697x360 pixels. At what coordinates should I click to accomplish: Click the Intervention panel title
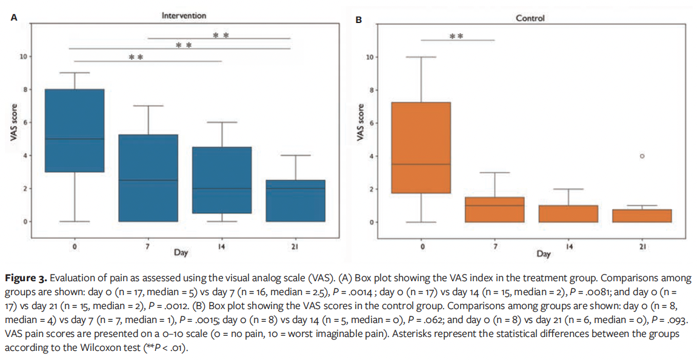click(x=184, y=15)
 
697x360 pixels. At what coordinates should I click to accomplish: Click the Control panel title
click(x=530, y=18)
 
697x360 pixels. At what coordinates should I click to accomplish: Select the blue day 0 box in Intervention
click(x=75, y=130)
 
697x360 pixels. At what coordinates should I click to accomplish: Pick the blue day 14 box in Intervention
click(x=221, y=180)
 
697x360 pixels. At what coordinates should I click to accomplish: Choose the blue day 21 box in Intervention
click(x=295, y=201)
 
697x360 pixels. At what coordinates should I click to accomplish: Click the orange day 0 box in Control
click(x=422, y=147)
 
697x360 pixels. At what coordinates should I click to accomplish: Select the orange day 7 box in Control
click(x=495, y=210)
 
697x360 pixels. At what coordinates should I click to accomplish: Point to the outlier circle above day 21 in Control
click(x=642, y=156)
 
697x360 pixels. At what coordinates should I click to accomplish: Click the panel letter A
click(x=14, y=18)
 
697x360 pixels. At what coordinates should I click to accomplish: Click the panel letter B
click(x=358, y=21)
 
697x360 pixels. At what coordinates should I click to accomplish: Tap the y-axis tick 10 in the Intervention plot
click(x=23, y=57)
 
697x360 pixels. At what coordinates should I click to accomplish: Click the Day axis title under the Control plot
click(x=543, y=254)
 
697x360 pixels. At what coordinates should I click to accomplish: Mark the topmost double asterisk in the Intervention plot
click(x=220, y=35)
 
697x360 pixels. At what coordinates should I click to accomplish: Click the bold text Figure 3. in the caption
click(x=25, y=278)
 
